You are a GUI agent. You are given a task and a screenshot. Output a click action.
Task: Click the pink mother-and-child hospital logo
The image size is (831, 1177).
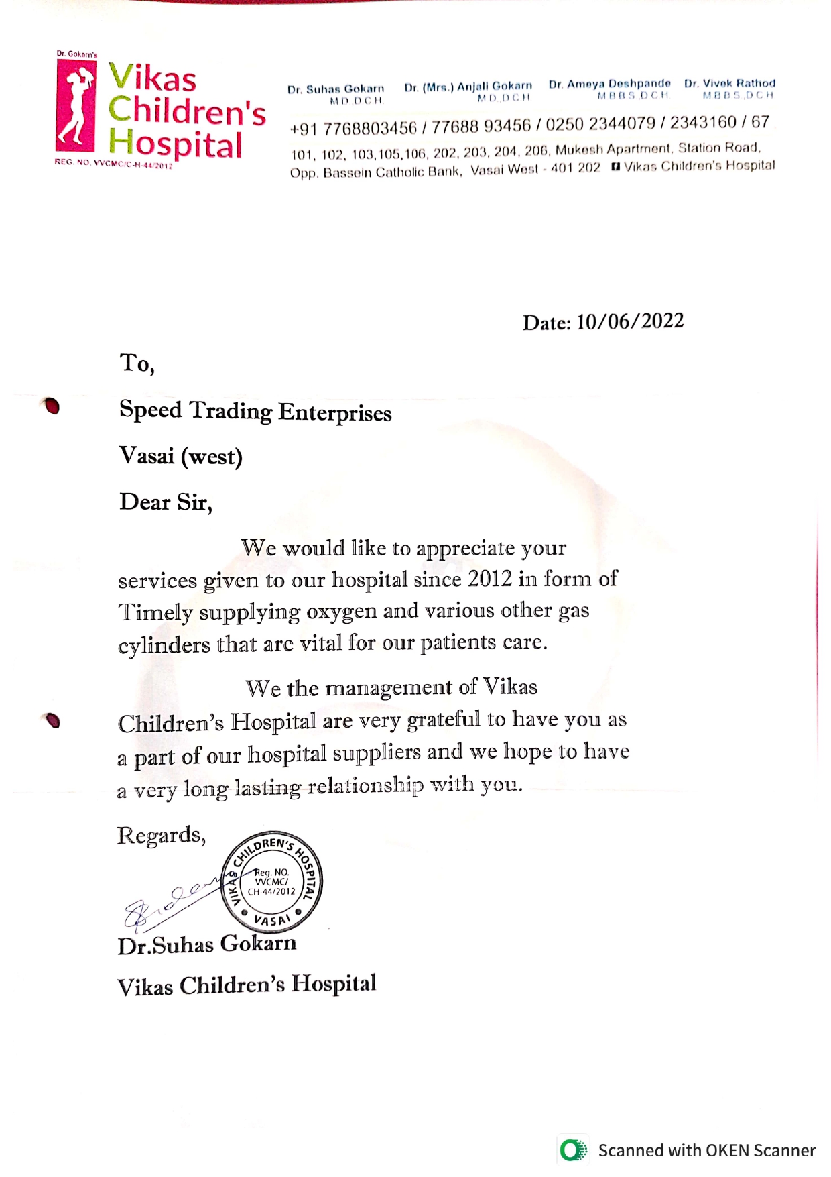[x=76, y=105]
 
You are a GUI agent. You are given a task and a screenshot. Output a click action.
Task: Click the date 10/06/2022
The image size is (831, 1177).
[x=629, y=321]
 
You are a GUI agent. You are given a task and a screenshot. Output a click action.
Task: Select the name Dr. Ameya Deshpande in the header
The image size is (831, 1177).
[x=609, y=84]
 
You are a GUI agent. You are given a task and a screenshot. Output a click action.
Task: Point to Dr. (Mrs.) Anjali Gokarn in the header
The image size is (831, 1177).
[x=468, y=86]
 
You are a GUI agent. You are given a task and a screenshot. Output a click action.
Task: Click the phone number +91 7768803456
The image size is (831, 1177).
[x=353, y=127]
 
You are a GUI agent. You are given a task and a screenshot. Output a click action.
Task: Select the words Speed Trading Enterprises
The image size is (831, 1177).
[x=255, y=411]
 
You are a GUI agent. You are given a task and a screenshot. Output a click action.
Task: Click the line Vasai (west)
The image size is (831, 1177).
[x=180, y=457]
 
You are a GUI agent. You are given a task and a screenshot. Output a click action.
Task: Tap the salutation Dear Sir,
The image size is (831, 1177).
[x=166, y=502]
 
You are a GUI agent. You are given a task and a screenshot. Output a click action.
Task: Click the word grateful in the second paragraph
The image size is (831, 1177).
[x=444, y=720]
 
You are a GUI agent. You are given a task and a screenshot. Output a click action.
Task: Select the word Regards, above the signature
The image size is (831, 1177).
[x=161, y=836]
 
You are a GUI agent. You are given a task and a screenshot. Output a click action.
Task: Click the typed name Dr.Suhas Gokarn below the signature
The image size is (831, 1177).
[x=206, y=944]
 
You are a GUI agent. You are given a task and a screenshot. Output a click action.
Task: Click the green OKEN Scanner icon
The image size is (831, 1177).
[x=573, y=1150]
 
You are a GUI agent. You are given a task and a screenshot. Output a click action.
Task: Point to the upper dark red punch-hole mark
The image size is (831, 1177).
[x=51, y=406]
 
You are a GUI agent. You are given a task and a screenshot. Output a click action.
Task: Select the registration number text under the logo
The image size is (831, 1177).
[x=114, y=163]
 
